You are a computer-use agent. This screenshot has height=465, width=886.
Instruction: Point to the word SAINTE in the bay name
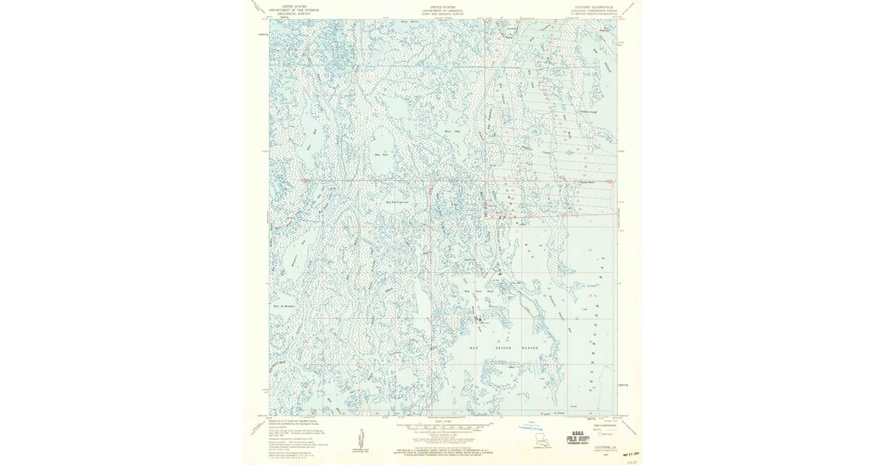click(506, 346)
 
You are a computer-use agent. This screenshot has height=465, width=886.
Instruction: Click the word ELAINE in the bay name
click(535, 346)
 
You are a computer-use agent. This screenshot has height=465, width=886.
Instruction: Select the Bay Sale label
click(382, 155)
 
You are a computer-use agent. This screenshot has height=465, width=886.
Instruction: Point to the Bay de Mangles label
click(284, 306)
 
